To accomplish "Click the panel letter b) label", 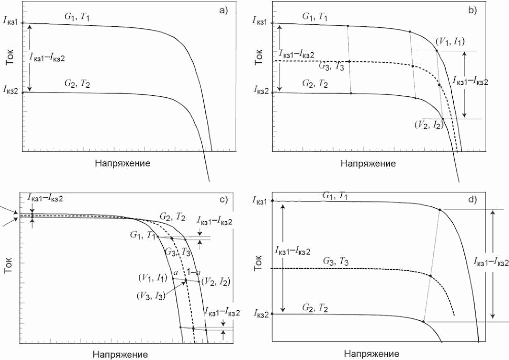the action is pos(472,10).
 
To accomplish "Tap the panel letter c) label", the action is pos(223,200).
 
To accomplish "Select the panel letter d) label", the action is pos(472,199).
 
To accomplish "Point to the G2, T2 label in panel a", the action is pos(77,83).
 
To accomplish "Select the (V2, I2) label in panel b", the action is pos(428,124).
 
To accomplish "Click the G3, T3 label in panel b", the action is pos(332,67).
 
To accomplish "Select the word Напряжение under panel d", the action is pos(372,353).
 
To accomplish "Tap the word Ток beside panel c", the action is pos(9,267).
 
